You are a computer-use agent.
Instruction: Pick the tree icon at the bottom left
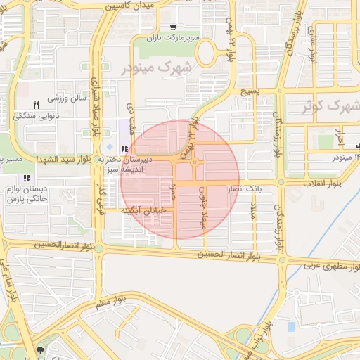click(x=39, y=350)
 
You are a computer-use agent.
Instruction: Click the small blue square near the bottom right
click(x=291, y=327)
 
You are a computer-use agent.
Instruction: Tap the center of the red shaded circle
click(x=180, y=179)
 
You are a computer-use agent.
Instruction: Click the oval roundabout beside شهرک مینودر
click(x=206, y=53)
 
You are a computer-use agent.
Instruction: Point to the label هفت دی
click(x=130, y=113)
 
